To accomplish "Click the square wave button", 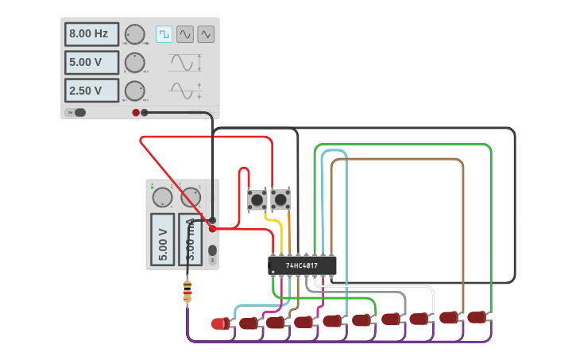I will (164, 34).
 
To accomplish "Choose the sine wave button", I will (185, 34).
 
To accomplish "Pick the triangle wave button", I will (206, 34).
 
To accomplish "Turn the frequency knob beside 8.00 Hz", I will (135, 34).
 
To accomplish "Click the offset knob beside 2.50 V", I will (135, 91).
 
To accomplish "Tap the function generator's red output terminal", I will (136, 113).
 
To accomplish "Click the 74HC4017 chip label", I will (302, 265).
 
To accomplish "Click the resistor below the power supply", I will (187, 292).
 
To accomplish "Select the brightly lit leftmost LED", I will (218, 323).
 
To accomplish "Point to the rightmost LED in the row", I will (476, 317).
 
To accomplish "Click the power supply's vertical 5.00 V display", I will (162, 239).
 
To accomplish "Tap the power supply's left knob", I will (162, 197).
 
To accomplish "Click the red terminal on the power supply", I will (212, 228).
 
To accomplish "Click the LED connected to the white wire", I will (419, 319).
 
